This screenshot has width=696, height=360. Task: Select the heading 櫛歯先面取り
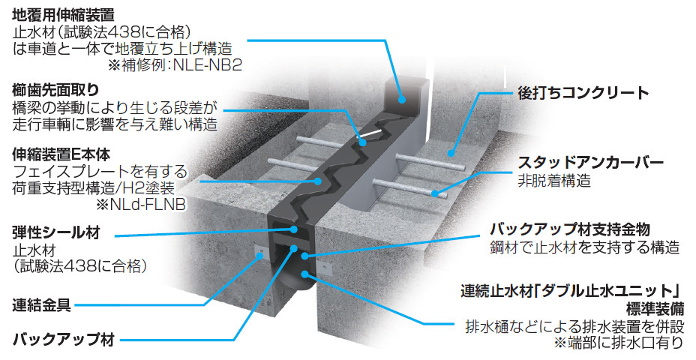(50, 89)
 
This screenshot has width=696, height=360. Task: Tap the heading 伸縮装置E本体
(61, 154)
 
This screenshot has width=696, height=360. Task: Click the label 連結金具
(42, 305)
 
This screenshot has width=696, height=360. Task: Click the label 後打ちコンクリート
(583, 94)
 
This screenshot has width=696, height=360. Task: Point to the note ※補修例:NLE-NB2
(175, 65)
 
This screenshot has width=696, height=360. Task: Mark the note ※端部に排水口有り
(618, 343)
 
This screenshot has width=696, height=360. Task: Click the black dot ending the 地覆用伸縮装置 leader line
(403, 98)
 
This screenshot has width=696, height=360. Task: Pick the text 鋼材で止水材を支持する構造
(584, 247)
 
